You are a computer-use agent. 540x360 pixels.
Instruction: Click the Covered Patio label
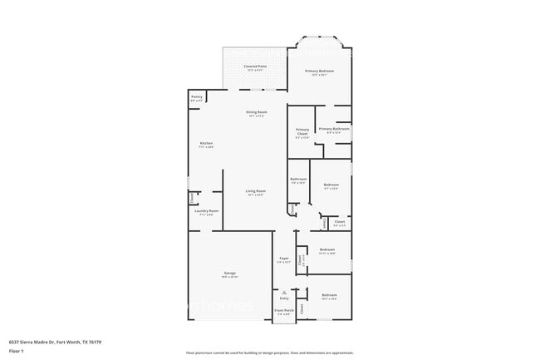254,66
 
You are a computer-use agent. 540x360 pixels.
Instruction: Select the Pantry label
196,96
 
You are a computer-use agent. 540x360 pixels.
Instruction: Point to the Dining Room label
256,112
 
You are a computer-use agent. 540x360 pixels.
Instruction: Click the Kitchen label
206,144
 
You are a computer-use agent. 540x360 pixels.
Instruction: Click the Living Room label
255,192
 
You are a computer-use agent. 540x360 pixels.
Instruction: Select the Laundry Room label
207,211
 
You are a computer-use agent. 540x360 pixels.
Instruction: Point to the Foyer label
283,259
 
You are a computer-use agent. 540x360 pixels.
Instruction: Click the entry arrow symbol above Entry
284,293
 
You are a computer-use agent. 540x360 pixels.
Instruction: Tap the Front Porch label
283,311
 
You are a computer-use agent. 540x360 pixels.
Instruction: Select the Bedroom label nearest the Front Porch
329,295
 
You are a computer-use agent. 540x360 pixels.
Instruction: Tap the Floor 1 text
17,351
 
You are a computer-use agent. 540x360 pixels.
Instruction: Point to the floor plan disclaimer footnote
269,353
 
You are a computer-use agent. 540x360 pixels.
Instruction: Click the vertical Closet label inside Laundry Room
192,198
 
